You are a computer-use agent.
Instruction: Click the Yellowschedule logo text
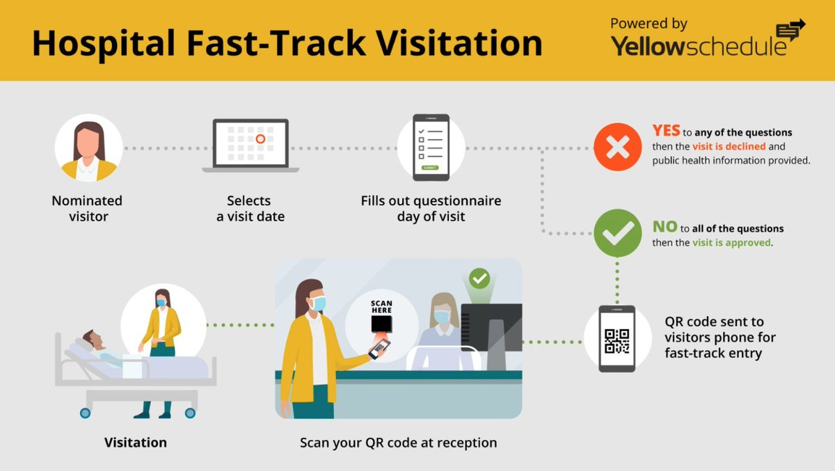(x=699, y=45)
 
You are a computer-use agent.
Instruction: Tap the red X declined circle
(x=617, y=147)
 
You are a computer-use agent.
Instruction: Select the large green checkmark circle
(x=617, y=233)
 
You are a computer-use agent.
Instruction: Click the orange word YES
(x=666, y=131)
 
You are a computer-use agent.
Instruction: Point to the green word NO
(x=664, y=227)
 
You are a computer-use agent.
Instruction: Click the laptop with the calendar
(x=251, y=145)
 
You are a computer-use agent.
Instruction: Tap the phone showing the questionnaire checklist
(x=431, y=147)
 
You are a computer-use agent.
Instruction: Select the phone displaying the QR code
(x=617, y=339)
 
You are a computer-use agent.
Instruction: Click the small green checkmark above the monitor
(x=479, y=279)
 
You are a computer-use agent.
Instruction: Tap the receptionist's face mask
(x=442, y=317)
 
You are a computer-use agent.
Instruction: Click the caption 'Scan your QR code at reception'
(x=398, y=442)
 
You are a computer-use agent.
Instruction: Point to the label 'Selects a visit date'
(x=250, y=209)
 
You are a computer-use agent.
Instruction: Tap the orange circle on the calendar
(x=260, y=139)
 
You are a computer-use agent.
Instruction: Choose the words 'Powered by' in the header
(x=649, y=24)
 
